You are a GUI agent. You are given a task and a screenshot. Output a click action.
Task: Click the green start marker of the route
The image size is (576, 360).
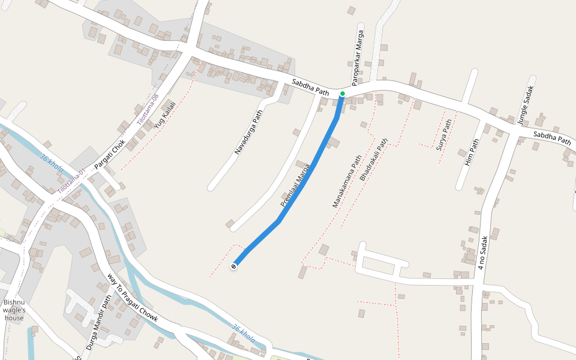[x=343, y=94]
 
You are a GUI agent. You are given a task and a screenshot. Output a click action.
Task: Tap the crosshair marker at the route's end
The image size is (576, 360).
[x=234, y=266]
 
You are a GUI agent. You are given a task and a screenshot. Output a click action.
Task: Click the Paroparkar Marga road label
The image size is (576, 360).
[x=358, y=58]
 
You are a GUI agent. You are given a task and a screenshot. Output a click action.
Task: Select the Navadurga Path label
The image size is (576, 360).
[x=249, y=133]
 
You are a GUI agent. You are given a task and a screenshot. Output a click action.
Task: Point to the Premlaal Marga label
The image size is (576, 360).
[x=295, y=185]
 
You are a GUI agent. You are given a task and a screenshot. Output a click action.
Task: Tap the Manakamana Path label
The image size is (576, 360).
[x=347, y=181]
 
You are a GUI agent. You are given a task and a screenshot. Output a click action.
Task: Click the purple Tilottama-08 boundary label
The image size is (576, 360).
[x=147, y=109]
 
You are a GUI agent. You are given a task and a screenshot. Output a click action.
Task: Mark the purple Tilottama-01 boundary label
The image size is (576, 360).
[x=73, y=182]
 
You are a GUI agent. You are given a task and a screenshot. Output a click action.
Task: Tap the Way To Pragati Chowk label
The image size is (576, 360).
[x=132, y=298]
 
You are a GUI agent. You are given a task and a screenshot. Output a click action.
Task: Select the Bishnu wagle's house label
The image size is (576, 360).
[x=14, y=310]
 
